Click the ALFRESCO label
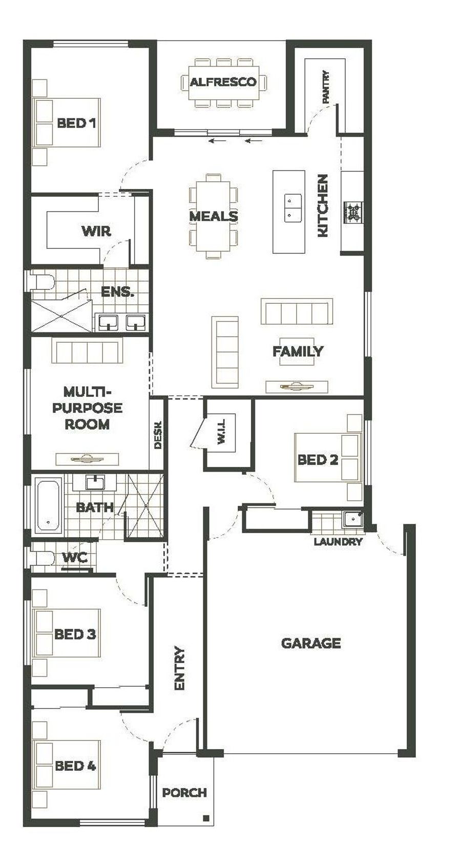[223, 82]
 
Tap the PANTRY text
[326, 87]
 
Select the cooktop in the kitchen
[353, 213]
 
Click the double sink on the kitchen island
[292, 208]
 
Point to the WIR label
[96, 231]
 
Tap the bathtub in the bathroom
[48, 505]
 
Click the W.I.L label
[221, 434]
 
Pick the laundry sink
[352, 518]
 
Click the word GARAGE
[311, 643]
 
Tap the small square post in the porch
[206, 818]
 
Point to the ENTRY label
[179, 668]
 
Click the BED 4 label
[75, 766]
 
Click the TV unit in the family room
[297, 386]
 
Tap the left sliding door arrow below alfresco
[217, 141]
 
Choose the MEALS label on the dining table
[213, 216]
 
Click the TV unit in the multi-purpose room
[87, 459]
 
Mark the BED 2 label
[318, 460]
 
